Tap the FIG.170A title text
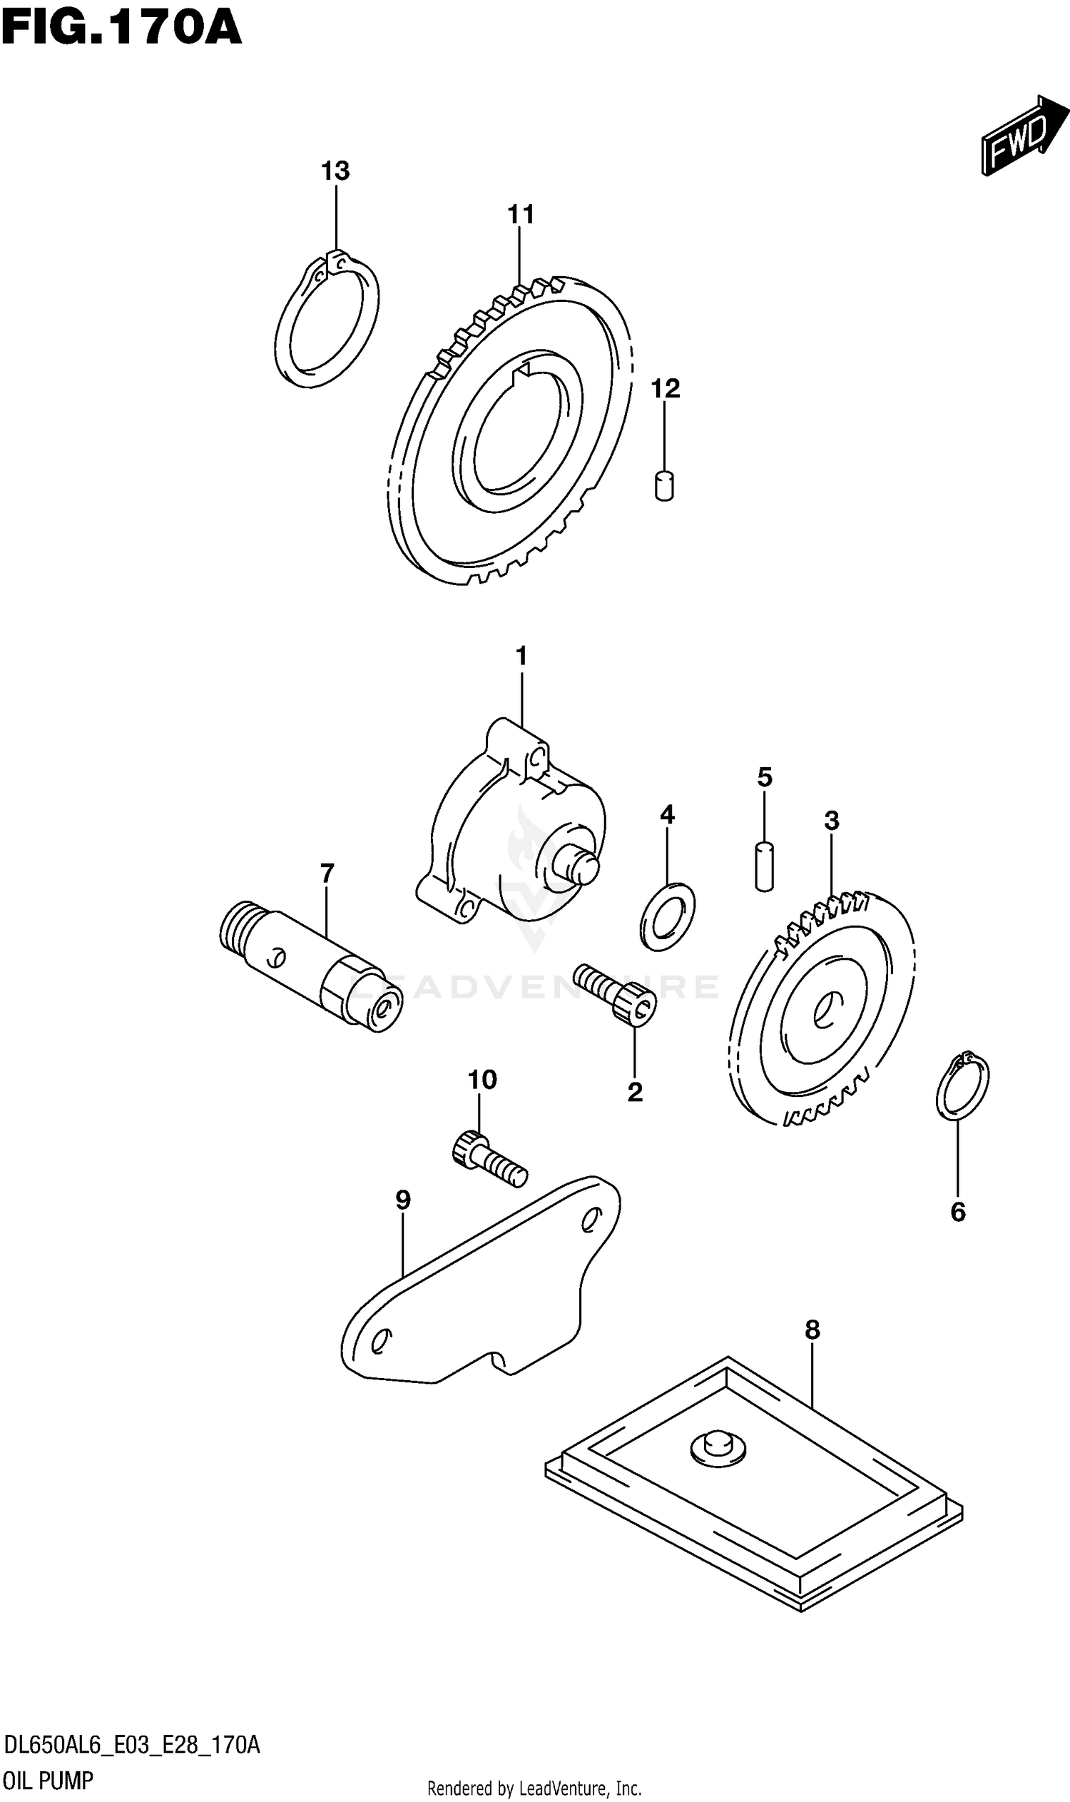(121, 29)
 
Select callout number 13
(335, 171)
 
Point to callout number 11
(521, 214)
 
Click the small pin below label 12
(664, 485)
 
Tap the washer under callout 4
(667, 916)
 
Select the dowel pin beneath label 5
(764, 866)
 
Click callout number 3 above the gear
(831, 820)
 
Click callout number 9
(403, 1200)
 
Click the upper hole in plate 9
(588, 1220)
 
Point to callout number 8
(812, 1329)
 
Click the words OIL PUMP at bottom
(49, 1781)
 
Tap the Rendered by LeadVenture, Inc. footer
(534, 1788)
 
